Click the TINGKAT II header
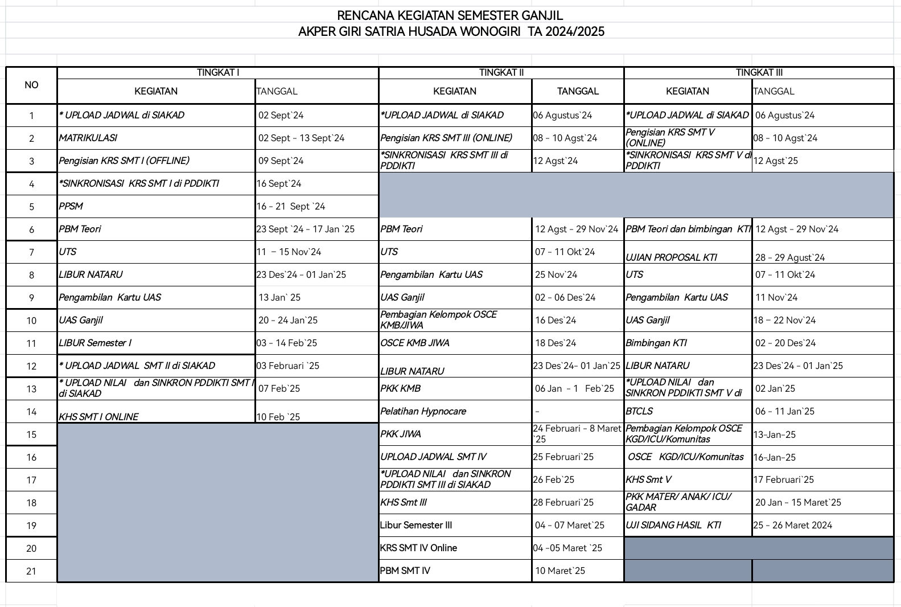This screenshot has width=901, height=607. tap(501, 72)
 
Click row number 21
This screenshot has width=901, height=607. tap(31, 571)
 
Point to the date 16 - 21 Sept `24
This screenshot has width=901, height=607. tap(291, 206)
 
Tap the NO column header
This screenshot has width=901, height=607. tap(31, 85)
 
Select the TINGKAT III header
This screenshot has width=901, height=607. tap(759, 72)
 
